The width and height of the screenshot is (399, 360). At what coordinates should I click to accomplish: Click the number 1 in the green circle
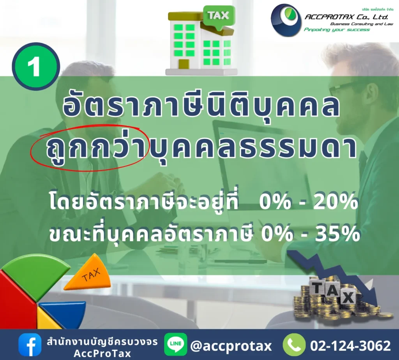coord(34,66)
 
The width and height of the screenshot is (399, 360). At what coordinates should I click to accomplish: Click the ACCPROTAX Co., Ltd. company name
coord(346,17)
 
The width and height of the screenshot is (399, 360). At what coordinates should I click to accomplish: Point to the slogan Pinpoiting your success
coord(337,30)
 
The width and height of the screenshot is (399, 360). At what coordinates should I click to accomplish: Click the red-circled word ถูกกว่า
coord(96,148)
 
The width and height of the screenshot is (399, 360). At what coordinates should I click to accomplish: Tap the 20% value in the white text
coord(335,202)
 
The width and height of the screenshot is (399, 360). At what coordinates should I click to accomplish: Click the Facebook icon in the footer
coord(30,345)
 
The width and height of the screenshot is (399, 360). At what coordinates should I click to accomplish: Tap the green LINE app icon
coord(176,344)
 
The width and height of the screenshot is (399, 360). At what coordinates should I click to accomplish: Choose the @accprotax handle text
coord(231,346)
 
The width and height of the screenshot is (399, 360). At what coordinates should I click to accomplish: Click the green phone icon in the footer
coord(294,345)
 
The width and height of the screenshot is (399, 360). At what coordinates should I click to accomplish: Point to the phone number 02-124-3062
coord(350,346)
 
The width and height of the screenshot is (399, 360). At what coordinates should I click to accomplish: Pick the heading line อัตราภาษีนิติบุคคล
coord(201,106)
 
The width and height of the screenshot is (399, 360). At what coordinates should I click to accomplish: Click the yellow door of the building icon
coord(184,64)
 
